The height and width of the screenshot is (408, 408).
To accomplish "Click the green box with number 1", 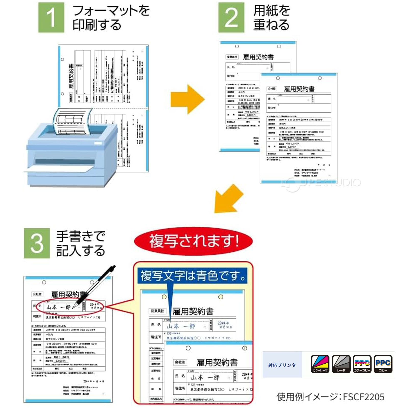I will pyautogui.click(x=51, y=17).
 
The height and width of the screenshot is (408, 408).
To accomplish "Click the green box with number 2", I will pyautogui.click(x=231, y=17).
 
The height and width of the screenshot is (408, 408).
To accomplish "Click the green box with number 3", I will pyautogui.click(x=37, y=243).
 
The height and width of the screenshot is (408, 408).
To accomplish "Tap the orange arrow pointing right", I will pyautogui.click(x=187, y=99).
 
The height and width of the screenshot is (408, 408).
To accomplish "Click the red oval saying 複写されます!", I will pyautogui.click(x=193, y=241).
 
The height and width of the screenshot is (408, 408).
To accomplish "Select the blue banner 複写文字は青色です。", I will pyautogui.click(x=192, y=276).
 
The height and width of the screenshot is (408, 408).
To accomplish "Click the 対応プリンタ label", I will pyautogui.click(x=282, y=365).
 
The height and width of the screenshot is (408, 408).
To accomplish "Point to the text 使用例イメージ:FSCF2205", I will pyautogui.click(x=330, y=397).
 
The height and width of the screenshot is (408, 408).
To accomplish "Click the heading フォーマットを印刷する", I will pyautogui.click(x=111, y=17).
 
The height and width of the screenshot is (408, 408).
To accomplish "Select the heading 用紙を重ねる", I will pyautogui.click(x=272, y=17).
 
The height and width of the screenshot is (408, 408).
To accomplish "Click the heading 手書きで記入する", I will pyautogui.click(x=80, y=243).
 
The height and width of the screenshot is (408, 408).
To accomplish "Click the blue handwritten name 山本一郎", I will pyautogui.click(x=181, y=326).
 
